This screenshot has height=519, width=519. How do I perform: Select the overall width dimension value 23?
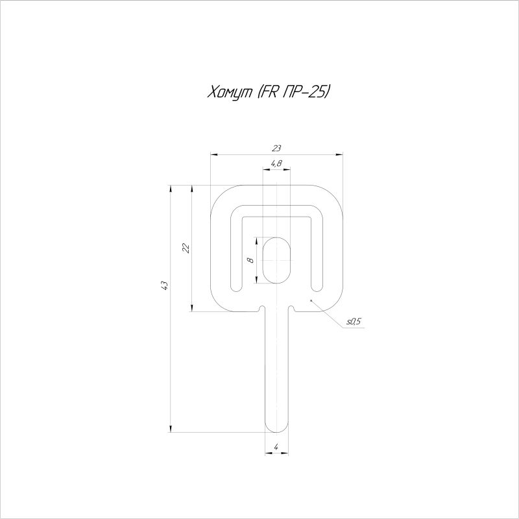click(277, 149)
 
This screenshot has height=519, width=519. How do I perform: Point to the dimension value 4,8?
click(276, 163)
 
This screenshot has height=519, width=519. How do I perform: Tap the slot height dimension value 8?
click(250, 260)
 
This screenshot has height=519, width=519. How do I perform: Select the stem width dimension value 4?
click(276, 447)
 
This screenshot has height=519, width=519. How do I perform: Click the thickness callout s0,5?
click(354, 321)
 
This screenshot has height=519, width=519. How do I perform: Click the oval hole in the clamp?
click(276, 260)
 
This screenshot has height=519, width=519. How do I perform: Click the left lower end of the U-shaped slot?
click(237, 285)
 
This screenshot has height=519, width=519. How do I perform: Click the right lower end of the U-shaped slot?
click(316, 285)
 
